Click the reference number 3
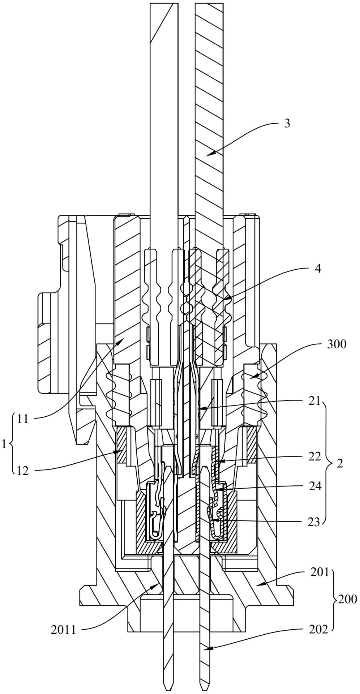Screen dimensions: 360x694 click(287, 123)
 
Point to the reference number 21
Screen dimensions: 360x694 click(314, 401)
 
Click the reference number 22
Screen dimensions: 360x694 click(314, 457)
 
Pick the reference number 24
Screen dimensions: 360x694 click(315, 486)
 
